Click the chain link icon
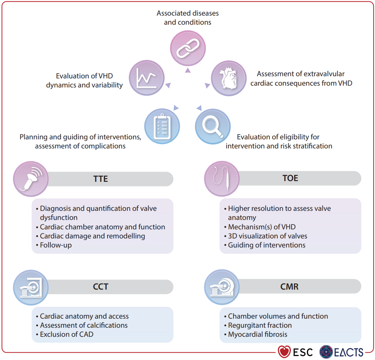(x=188, y=48)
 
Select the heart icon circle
(x=229, y=78)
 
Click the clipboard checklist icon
(x=162, y=126)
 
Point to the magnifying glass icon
(x=213, y=126)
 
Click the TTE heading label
(x=100, y=179)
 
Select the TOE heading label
(x=290, y=179)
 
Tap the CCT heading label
(x=100, y=287)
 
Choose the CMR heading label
(x=289, y=287)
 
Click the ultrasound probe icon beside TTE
(x=30, y=179)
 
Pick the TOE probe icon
(x=222, y=179)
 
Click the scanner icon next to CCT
(x=30, y=287)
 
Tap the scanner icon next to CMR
(x=222, y=287)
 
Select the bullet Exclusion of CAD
(x=66, y=334)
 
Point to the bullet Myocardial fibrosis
(x=257, y=334)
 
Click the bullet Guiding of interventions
(x=267, y=245)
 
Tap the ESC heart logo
(x=284, y=352)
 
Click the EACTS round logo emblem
(x=326, y=352)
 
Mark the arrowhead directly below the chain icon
(x=187, y=70)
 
